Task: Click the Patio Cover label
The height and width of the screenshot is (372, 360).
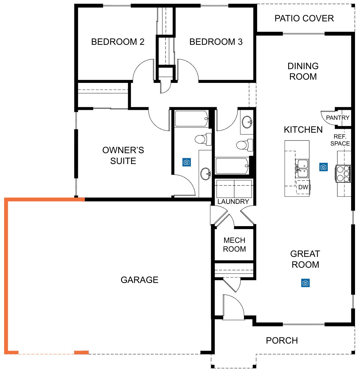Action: [x=304, y=18]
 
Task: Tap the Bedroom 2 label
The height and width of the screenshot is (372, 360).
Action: [x=118, y=42]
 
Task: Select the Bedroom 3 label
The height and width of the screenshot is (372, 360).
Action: [x=216, y=42]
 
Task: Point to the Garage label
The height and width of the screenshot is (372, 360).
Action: [x=140, y=280]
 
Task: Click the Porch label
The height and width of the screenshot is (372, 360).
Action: [x=282, y=340]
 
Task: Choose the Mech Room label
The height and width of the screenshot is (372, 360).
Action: [x=234, y=245]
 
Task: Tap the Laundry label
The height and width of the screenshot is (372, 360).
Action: [x=233, y=202]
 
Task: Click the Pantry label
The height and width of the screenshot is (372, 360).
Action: [x=338, y=117]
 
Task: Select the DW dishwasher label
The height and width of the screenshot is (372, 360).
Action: [x=303, y=187]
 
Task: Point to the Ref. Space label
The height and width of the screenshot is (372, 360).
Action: [x=340, y=140]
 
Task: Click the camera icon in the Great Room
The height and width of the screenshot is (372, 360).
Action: [x=305, y=283]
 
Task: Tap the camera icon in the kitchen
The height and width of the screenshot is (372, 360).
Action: [x=323, y=167]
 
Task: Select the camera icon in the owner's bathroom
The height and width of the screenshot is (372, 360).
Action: [x=186, y=162]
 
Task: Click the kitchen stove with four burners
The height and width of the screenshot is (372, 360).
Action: [x=343, y=174]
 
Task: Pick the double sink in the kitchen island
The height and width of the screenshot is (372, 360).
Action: [x=302, y=168]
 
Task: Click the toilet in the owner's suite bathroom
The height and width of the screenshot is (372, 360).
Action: [x=203, y=139]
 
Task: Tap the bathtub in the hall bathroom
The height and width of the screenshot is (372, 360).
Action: [x=232, y=165]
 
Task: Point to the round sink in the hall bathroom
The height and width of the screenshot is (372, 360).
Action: [x=247, y=122]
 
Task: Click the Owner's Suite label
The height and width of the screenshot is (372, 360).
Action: [x=123, y=156]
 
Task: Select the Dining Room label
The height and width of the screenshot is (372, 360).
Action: [x=303, y=71]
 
